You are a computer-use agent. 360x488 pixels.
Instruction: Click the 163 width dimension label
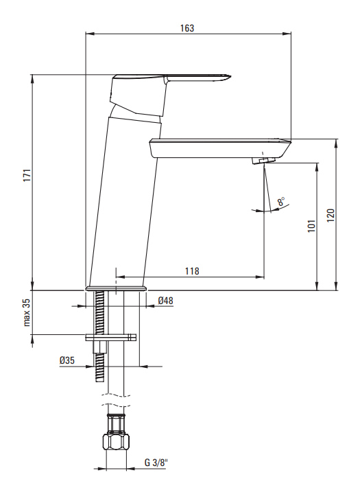(x=187, y=28)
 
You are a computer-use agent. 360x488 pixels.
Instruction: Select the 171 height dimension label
(x=27, y=176)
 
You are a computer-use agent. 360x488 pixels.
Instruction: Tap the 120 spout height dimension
(x=331, y=215)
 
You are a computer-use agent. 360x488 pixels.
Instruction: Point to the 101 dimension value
(x=311, y=226)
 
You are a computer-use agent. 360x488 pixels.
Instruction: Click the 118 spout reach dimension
(x=192, y=271)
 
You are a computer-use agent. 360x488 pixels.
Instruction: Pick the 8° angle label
(x=281, y=201)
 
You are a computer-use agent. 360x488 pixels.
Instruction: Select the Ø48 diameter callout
(x=165, y=301)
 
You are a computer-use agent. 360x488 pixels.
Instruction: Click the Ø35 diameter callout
(x=67, y=360)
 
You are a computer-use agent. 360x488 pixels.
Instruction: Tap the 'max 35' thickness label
(x=27, y=312)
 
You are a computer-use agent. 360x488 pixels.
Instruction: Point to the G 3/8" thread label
(x=156, y=463)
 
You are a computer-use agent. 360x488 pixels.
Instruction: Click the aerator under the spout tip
(x=264, y=160)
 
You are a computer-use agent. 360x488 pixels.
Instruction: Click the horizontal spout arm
(x=220, y=148)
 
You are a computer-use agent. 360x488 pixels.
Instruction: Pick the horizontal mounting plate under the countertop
(x=110, y=338)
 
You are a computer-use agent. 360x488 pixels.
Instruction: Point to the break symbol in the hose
(x=116, y=401)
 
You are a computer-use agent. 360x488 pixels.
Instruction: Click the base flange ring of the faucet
(x=116, y=288)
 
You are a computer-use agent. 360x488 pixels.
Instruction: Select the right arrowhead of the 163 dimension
(x=287, y=34)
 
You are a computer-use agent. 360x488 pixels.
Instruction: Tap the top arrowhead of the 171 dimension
(x=32, y=79)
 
